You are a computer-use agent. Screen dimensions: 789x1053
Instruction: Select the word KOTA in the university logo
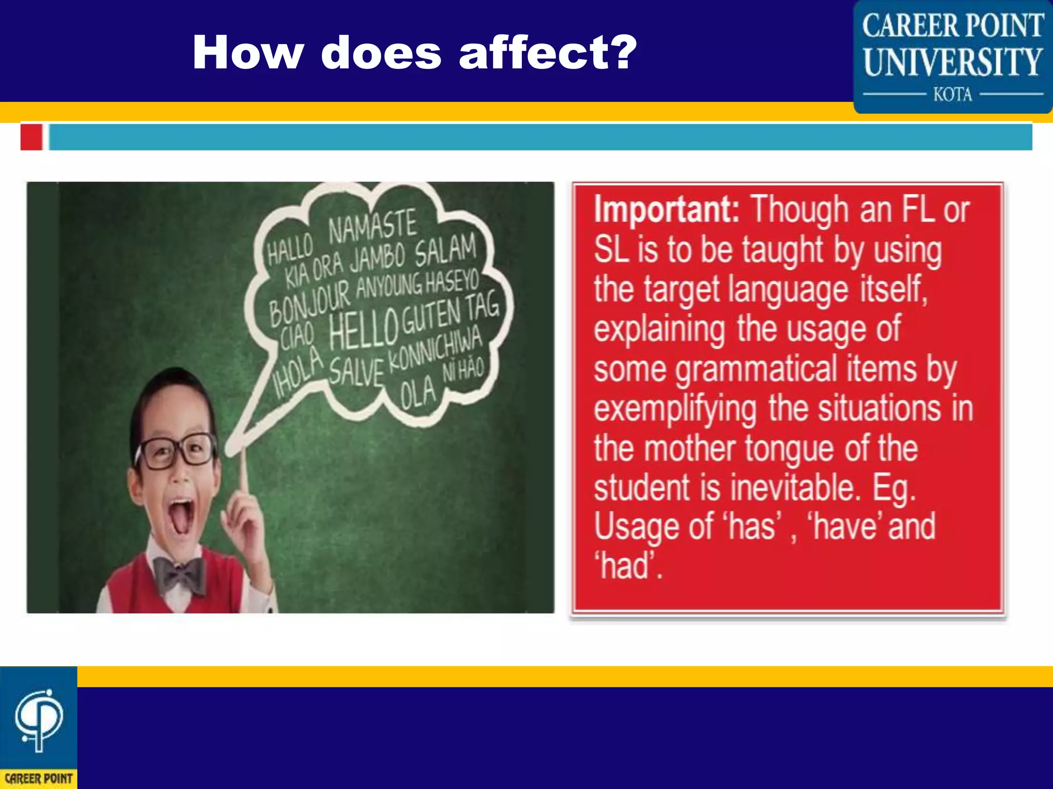pyautogui.click(x=953, y=95)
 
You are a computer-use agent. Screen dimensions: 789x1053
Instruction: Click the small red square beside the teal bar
pyautogui.click(x=31, y=137)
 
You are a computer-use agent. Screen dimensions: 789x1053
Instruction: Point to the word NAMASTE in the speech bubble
pyautogui.click(x=372, y=226)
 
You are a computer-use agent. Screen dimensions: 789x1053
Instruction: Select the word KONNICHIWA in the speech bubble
pyautogui.click(x=435, y=350)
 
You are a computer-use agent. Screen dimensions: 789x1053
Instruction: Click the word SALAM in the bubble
pyautogui.click(x=445, y=250)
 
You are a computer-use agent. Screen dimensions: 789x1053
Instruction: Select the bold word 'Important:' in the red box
pyautogui.click(x=666, y=210)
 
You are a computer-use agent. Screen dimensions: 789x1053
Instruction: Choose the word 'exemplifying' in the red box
pyautogui.click(x=675, y=409)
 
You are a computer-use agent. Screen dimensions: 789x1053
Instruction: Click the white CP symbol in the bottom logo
pyautogui.click(x=39, y=719)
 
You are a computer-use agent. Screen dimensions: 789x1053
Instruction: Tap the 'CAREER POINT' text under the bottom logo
pyautogui.click(x=39, y=779)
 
